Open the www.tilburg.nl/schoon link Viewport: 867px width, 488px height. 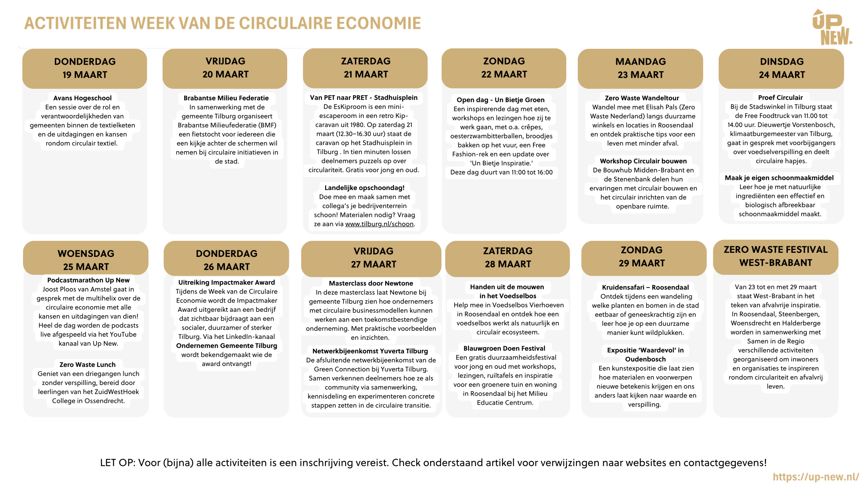pyautogui.click(x=379, y=224)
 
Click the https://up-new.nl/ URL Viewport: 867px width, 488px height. pyautogui.click(x=816, y=477)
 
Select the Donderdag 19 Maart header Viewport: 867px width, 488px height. pyautogui.click(x=85, y=68)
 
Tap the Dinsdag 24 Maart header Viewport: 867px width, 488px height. pyautogui.click(x=781, y=68)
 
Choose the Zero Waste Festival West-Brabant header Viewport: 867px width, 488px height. pyautogui.click(x=776, y=256)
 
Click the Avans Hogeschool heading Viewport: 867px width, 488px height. pyautogui.click(x=82, y=98)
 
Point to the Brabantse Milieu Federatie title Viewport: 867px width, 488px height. pyautogui.click(x=226, y=98)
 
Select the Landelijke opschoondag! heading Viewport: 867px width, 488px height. pyautogui.click(x=364, y=188)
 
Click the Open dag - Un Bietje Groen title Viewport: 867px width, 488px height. pyautogui.click(x=500, y=100)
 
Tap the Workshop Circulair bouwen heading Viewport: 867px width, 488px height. pyautogui.click(x=643, y=161)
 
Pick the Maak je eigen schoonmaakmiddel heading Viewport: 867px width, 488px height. pyautogui.click(x=779, y=178)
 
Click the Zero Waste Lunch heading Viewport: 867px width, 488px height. pyautogui.click(x=87, y=365)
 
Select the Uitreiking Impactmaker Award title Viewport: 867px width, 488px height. pyautogui.click(x=227, y=282)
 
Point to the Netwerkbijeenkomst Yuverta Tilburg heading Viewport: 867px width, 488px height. pyautogui.click(x=370, y=351)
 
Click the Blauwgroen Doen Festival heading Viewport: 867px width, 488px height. pyautogui.click(x=504, y=348)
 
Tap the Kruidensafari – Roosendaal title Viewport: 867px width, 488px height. pyautogui.click(x=645, y=287)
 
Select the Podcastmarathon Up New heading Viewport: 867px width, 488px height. pyautogui.click(x=88, y=280)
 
